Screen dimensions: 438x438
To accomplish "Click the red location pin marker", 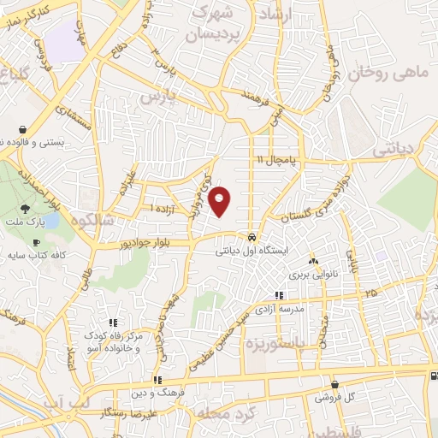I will (x=220, y=201).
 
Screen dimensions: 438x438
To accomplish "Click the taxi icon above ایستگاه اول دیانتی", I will (x=251, y=237).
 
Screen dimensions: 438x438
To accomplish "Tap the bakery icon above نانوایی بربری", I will (x=312, y=261).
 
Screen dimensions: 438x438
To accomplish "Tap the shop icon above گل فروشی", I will (x=334, y=384).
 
